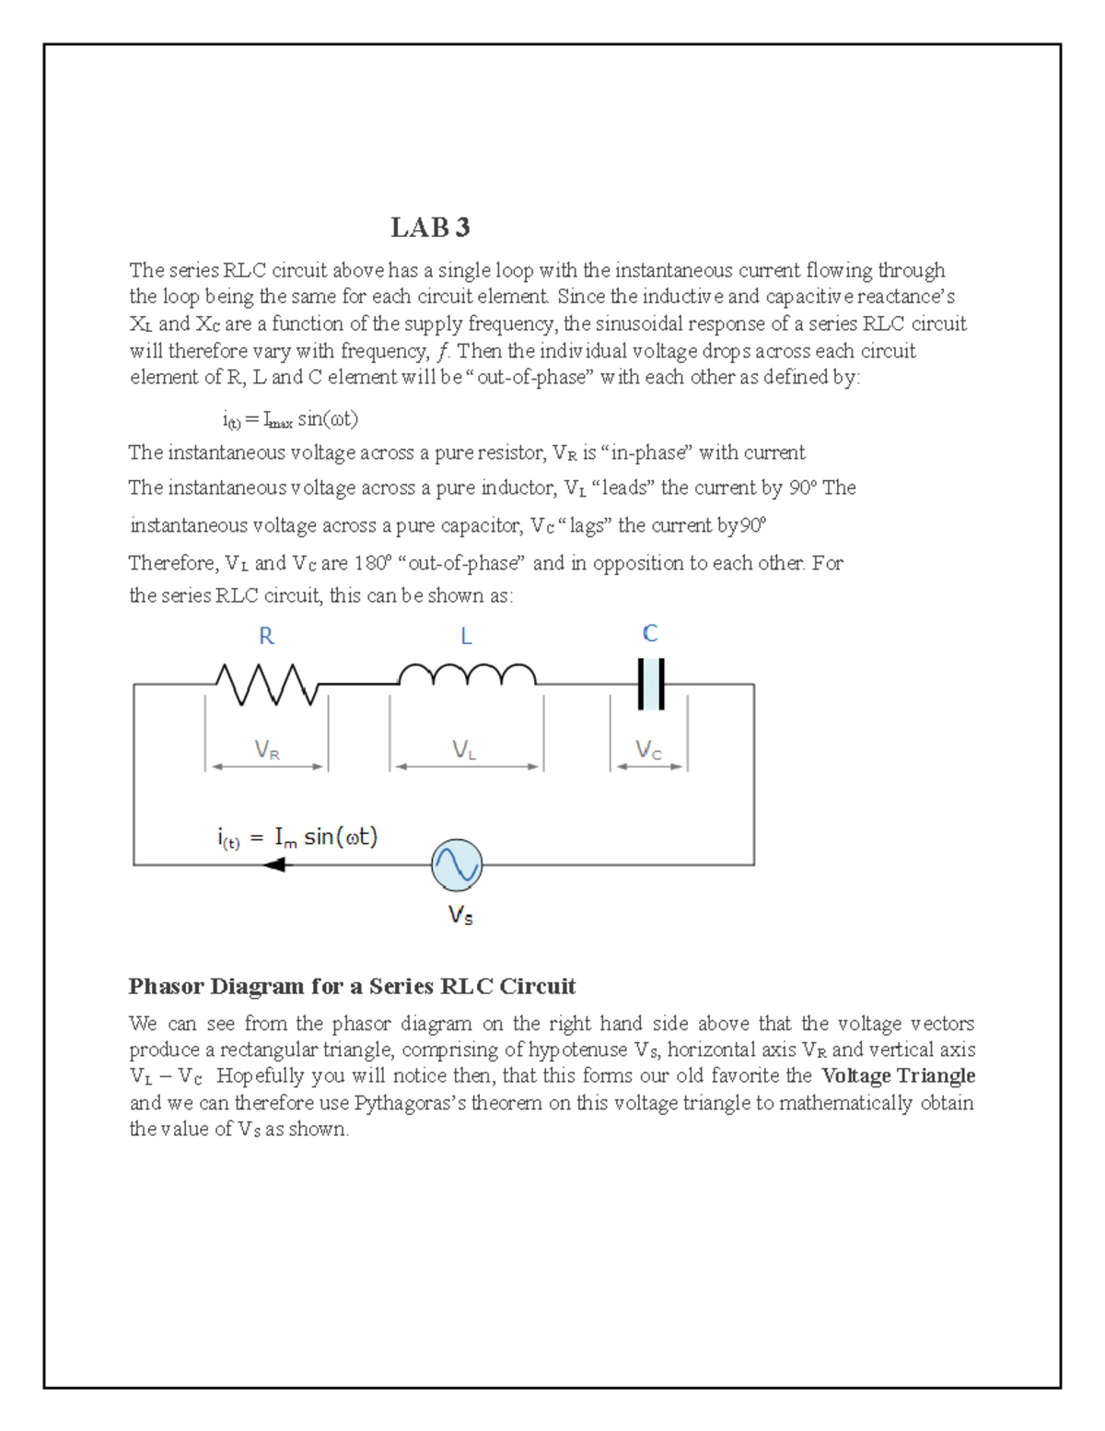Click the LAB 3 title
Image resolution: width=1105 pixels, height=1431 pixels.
(430, 227)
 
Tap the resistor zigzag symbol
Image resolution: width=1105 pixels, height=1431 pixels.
(266, 685)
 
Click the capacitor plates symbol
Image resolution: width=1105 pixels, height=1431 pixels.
(651, 684)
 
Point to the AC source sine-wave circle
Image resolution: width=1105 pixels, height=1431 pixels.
(457, 865)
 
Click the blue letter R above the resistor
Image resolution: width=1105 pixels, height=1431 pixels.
(266, 636)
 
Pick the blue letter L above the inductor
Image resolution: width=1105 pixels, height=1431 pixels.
(466, 636)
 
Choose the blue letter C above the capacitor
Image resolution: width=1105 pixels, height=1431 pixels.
(650, 633)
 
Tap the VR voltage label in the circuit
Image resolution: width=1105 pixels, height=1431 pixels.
(267, 750)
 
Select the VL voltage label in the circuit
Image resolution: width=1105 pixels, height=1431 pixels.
(464, 750)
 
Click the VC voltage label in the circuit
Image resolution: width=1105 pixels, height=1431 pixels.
(648, 750)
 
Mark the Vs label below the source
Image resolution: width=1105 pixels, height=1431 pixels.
(460, 915)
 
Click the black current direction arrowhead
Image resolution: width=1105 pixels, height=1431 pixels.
(274, 864)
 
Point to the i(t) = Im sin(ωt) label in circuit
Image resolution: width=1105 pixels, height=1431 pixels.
(297, 837)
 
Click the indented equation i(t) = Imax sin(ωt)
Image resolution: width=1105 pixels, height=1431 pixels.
(290, 419)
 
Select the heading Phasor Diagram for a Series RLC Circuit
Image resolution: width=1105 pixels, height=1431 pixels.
(352, 986)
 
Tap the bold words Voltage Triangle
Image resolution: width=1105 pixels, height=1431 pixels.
(898, 1075)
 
